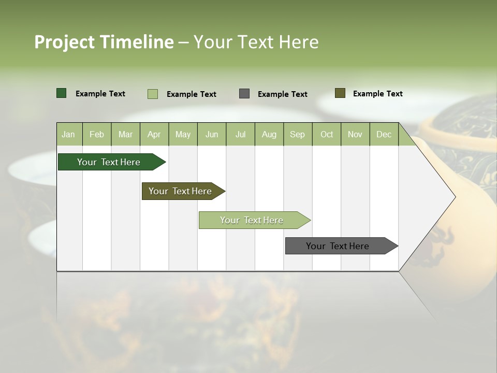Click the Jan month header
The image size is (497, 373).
click(x=68, y=134)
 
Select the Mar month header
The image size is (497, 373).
click(x=125, y=134)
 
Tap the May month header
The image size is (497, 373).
click(x=183, y=134)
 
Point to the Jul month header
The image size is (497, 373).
click(x=240, y=134)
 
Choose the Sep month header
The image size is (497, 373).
click(x=297, y=134)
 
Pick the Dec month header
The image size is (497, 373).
click(x=384, y=134)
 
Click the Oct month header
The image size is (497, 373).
click(x=327, y=134)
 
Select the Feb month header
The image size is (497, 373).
click(x=97, y=134)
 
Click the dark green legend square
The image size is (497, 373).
click(x=62, y=93)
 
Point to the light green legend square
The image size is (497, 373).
click(x=153, y=94)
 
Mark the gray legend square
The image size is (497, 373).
click(x=244, y=94)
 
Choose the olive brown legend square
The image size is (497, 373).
click(x=340, y=93)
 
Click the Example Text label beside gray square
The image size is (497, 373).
click(x=282, y=94)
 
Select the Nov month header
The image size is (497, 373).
click(x=355, y=134)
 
